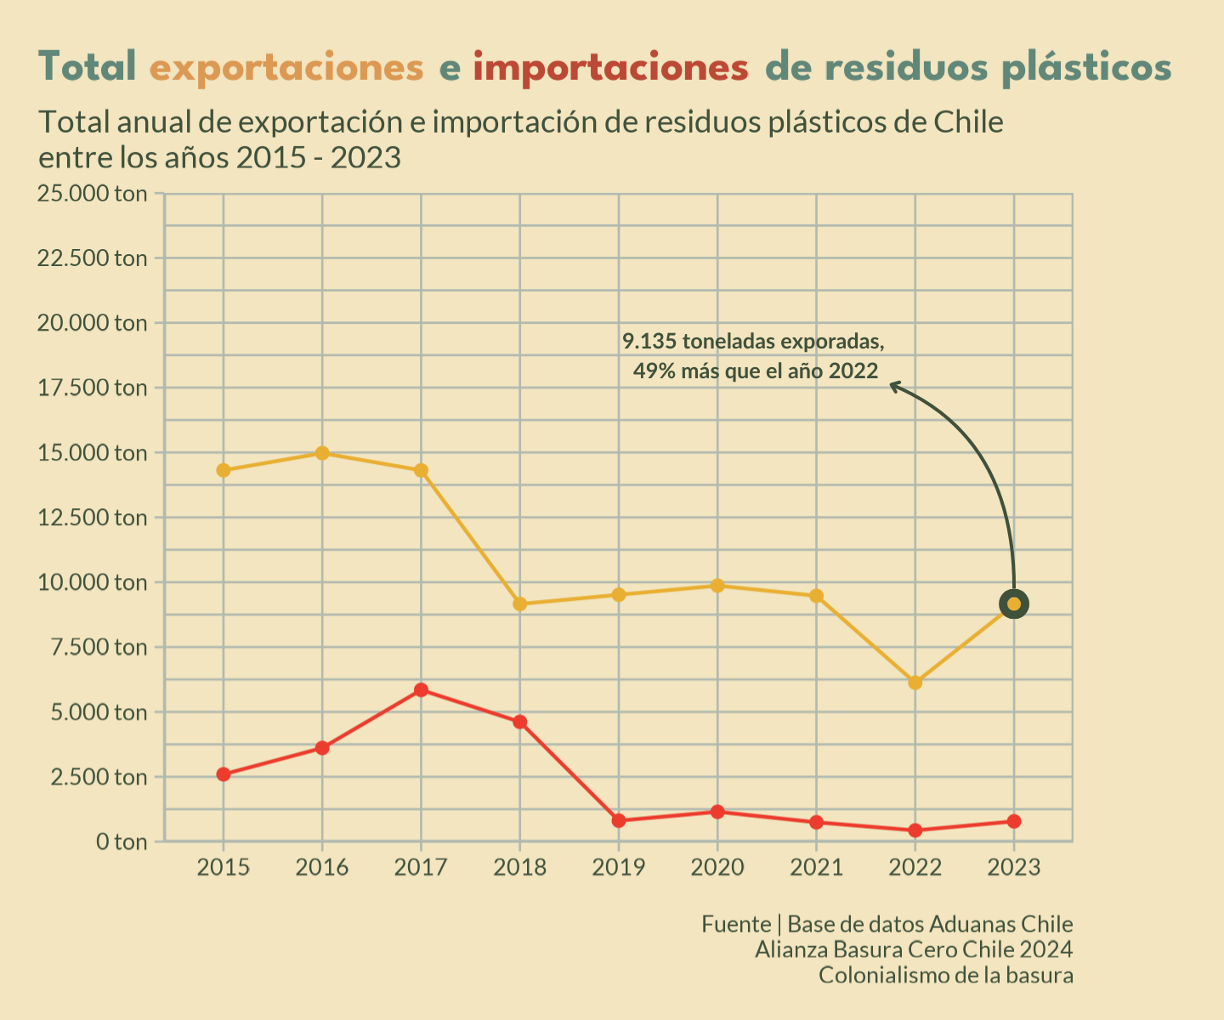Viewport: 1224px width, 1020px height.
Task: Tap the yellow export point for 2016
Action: [322, 453]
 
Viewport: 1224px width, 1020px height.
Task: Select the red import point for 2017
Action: [421, 689]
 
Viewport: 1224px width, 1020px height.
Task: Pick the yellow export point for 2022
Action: [915, 683]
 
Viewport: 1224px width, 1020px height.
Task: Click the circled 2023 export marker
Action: [1013, 604]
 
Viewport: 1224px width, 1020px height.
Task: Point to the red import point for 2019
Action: [619, 820]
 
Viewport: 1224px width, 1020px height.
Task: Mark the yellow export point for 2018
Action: [520, 604]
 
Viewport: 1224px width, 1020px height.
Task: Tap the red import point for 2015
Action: [224, 774]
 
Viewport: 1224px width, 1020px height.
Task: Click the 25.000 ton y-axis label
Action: [92, 194]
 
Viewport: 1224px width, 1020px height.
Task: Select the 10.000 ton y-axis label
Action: [92, 583]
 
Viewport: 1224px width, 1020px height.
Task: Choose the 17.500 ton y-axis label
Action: [92, 388]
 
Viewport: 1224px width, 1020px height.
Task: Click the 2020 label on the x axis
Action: [717, 867]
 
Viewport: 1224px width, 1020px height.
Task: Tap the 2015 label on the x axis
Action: [224, 867]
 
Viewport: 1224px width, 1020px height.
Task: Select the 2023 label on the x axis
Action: [1013, 867]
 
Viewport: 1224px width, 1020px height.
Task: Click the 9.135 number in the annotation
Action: [649, 342]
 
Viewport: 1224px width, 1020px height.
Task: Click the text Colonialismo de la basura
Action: [945, 975]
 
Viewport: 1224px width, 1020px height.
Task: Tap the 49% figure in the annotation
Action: [653, 371]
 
